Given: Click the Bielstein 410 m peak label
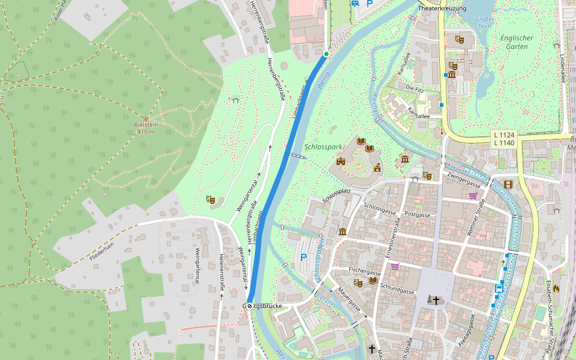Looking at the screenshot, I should (x=146, y=128).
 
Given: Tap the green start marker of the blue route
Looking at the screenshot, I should (x=326, y=54).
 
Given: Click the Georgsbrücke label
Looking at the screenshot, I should (x=264, y=306).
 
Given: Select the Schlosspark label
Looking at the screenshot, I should (x=323, y=146).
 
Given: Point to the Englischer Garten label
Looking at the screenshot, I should (x=517, y=41).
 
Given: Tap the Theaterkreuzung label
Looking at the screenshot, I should (x=442, y=9).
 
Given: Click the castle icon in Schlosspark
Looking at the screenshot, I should (x=341, y=161).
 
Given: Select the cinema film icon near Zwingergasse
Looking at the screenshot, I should (x=508, y=184).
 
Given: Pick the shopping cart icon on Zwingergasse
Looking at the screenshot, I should (x=473, y=195).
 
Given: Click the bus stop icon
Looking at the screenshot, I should (x=499, y=288).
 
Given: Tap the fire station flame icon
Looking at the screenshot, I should (x=556, y=288).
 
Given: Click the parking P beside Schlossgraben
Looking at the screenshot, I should (x=304, y=258).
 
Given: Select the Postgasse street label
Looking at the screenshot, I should (x=418, y=214).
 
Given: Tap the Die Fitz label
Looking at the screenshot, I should (x=415, y=88).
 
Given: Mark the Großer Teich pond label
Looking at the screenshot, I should (x=484, y=23).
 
